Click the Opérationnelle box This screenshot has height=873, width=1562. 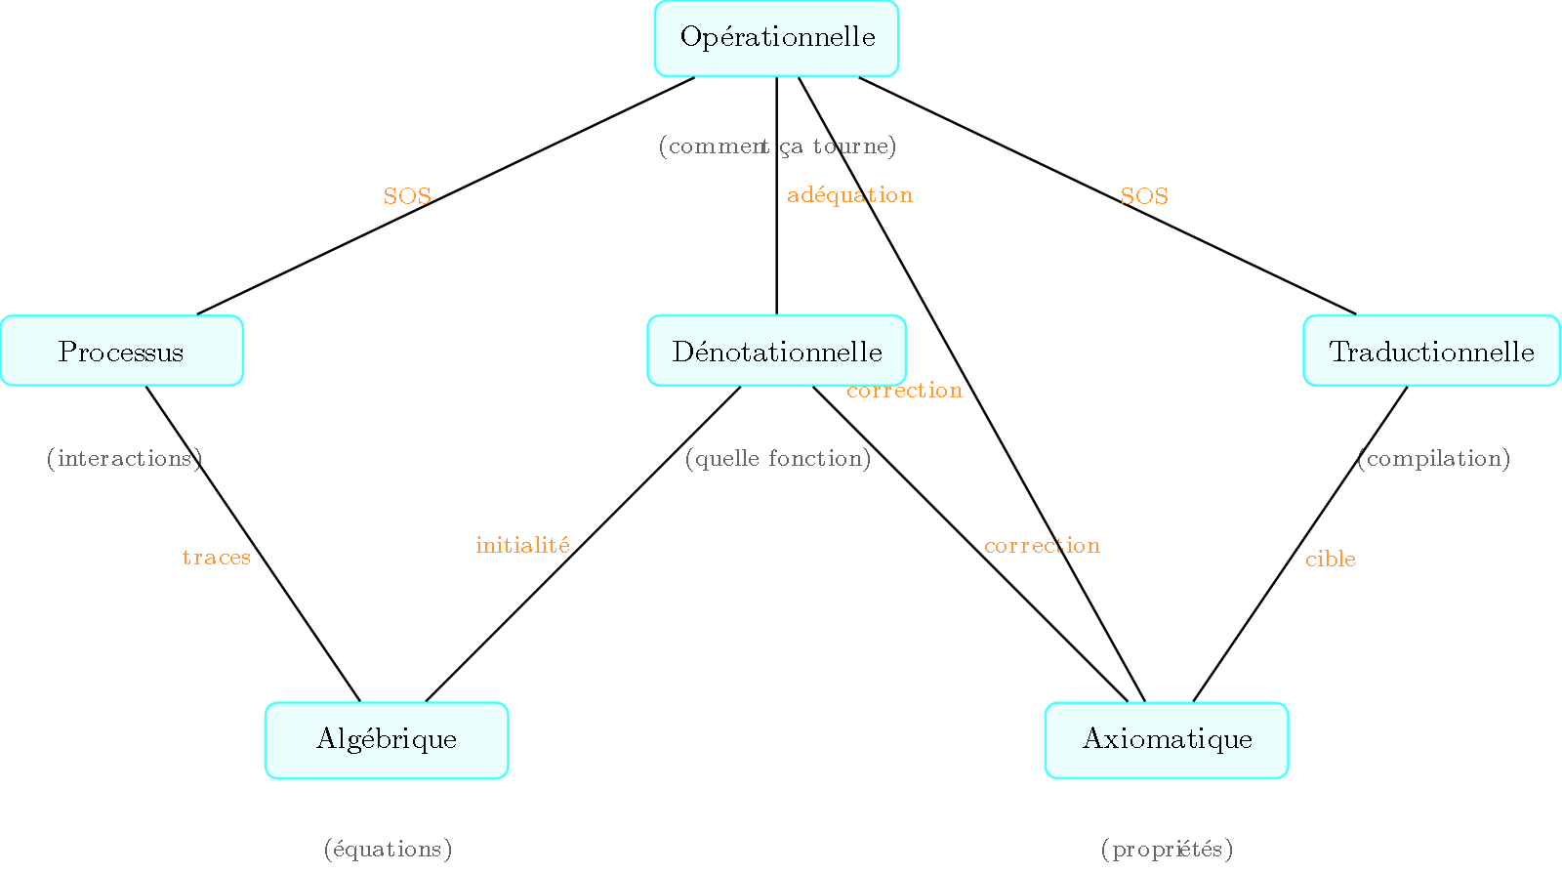click(x=776, y=38)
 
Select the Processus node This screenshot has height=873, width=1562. click(x=121, y=351)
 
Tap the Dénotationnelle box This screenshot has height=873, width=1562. click(x=776, y=351)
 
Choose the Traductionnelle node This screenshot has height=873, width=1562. click(x=1431, y=351)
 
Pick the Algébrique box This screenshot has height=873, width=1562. click(x=387, y=739)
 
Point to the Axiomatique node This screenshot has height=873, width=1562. click(x=1167, y=739)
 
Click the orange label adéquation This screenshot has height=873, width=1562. click(x=849, y=195)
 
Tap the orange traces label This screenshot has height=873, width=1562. click(x=217, y=558)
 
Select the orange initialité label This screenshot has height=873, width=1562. click(x=522, y=545)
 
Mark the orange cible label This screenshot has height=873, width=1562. click(x=1331, y=559)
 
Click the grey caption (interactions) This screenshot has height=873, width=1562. click(x=124, y=458)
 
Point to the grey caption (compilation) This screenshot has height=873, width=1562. click(x=1433, y=458)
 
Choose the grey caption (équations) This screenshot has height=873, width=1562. click(x=388, y=849)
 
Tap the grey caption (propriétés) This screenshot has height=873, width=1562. click(x=1167, y=849)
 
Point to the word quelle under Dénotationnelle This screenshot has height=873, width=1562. click(x=727, y=458)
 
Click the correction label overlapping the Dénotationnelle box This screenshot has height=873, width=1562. click(x=904, y=391)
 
